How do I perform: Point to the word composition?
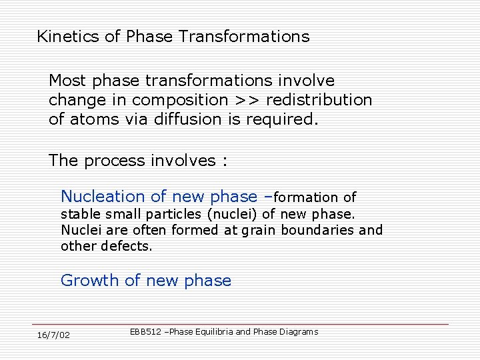click(180, 101)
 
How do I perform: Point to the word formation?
click(306, 197)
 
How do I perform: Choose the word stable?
click(79, 214)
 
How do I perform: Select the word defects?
click(126, 246)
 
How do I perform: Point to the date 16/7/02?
click(53, 335)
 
